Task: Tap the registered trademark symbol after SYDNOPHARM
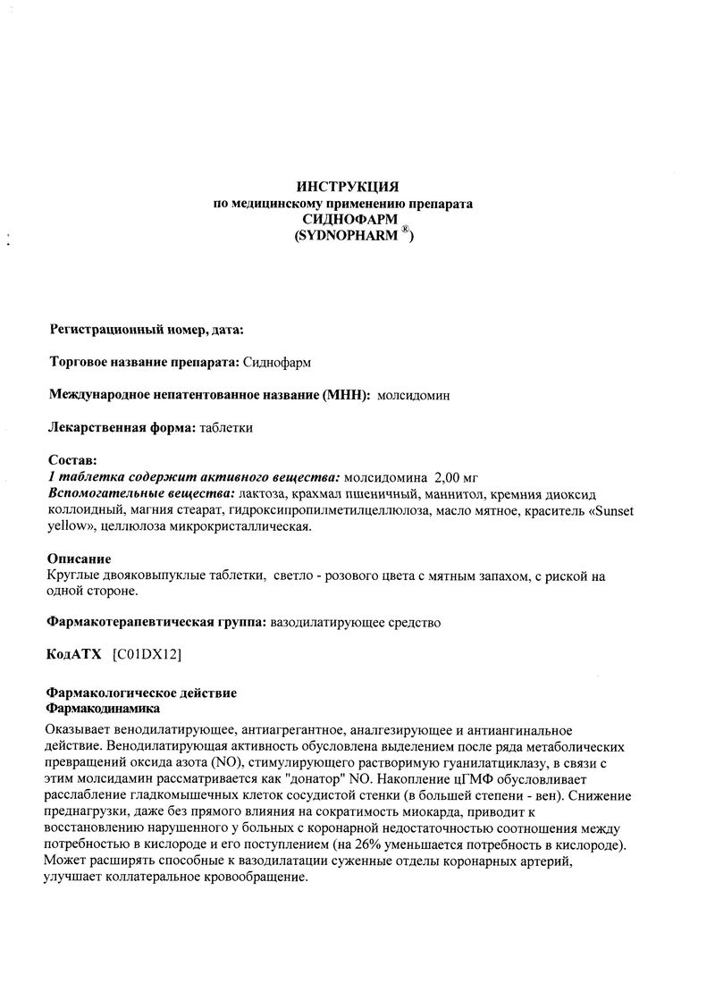[x=405, y=230]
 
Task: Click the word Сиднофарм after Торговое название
[x=277, y=362]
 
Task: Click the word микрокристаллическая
[x=255, y=527]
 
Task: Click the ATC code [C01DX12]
[x=147, y=654]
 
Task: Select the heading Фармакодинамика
[x=103, y=708]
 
